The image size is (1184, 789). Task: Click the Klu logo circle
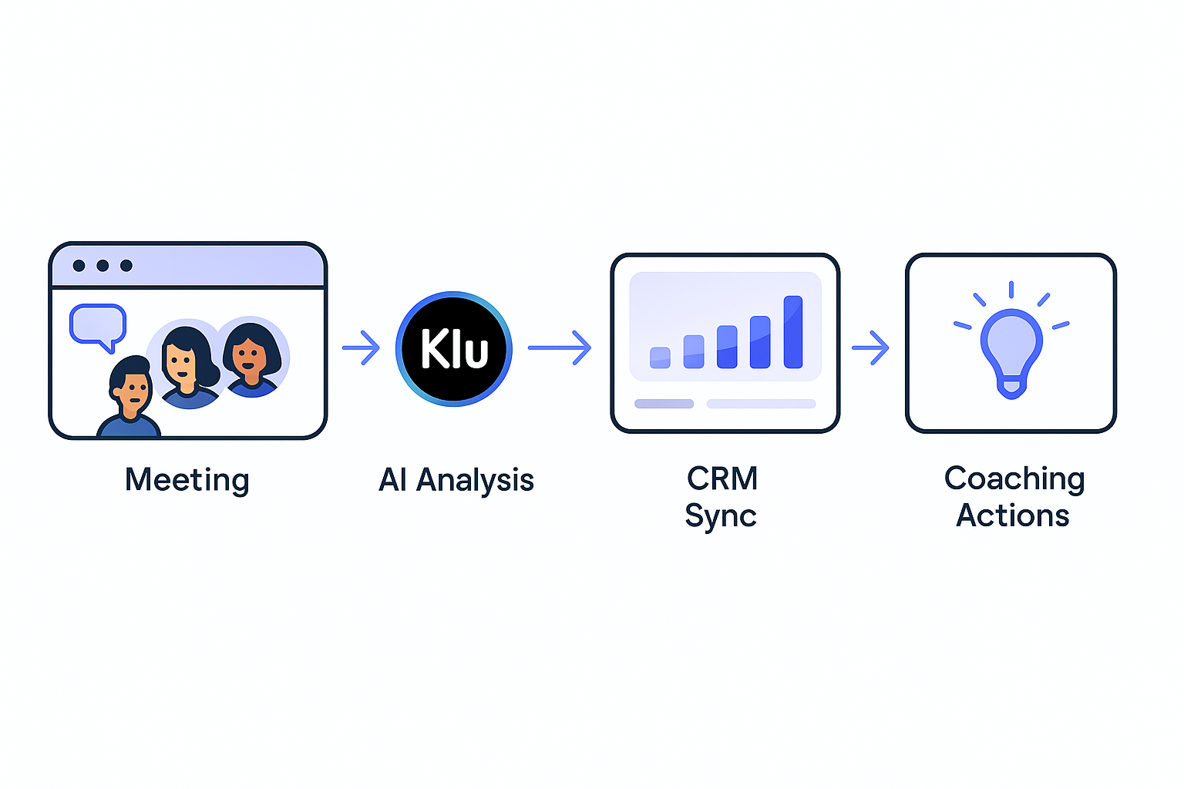454,348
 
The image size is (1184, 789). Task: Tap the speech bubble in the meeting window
97,324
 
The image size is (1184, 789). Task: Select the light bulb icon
1011,347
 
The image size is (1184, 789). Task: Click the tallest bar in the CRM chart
793,332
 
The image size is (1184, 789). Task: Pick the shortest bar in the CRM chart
660,358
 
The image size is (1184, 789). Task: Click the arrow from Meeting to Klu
361,347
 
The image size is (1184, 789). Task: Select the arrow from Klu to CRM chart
560,347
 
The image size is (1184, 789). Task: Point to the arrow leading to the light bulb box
870,347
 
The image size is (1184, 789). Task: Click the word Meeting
187,480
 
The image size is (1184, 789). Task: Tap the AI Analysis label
456,480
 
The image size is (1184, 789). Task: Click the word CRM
722,478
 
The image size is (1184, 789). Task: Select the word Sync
721,515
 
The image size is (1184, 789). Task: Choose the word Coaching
1014,478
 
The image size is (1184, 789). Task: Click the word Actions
1012,515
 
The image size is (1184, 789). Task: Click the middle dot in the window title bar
103,266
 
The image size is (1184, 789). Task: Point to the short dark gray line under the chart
664,404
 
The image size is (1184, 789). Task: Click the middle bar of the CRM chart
727,347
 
